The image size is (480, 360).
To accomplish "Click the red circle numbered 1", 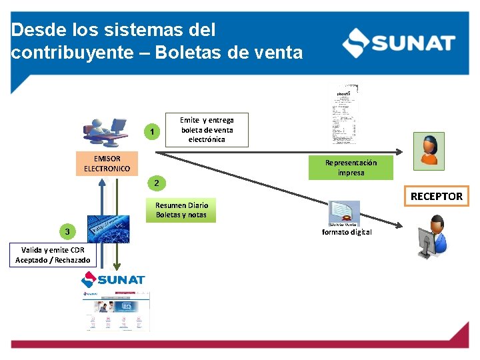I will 153,131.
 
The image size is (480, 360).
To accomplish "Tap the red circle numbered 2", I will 155,183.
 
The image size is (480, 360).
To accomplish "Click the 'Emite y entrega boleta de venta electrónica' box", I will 207,129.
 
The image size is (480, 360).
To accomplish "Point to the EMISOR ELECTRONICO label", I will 107,163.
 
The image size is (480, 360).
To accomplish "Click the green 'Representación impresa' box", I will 351,167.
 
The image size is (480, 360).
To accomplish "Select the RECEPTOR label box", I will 437,196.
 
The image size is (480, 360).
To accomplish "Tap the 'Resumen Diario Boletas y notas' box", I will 181,210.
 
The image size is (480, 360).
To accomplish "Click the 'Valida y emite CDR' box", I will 53,255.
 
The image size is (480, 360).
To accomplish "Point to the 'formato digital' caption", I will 347,232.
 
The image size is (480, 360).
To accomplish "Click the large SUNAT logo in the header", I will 399,43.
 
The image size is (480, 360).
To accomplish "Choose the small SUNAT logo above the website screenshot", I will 113,280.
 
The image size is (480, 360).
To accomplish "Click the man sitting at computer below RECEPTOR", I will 432,237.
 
